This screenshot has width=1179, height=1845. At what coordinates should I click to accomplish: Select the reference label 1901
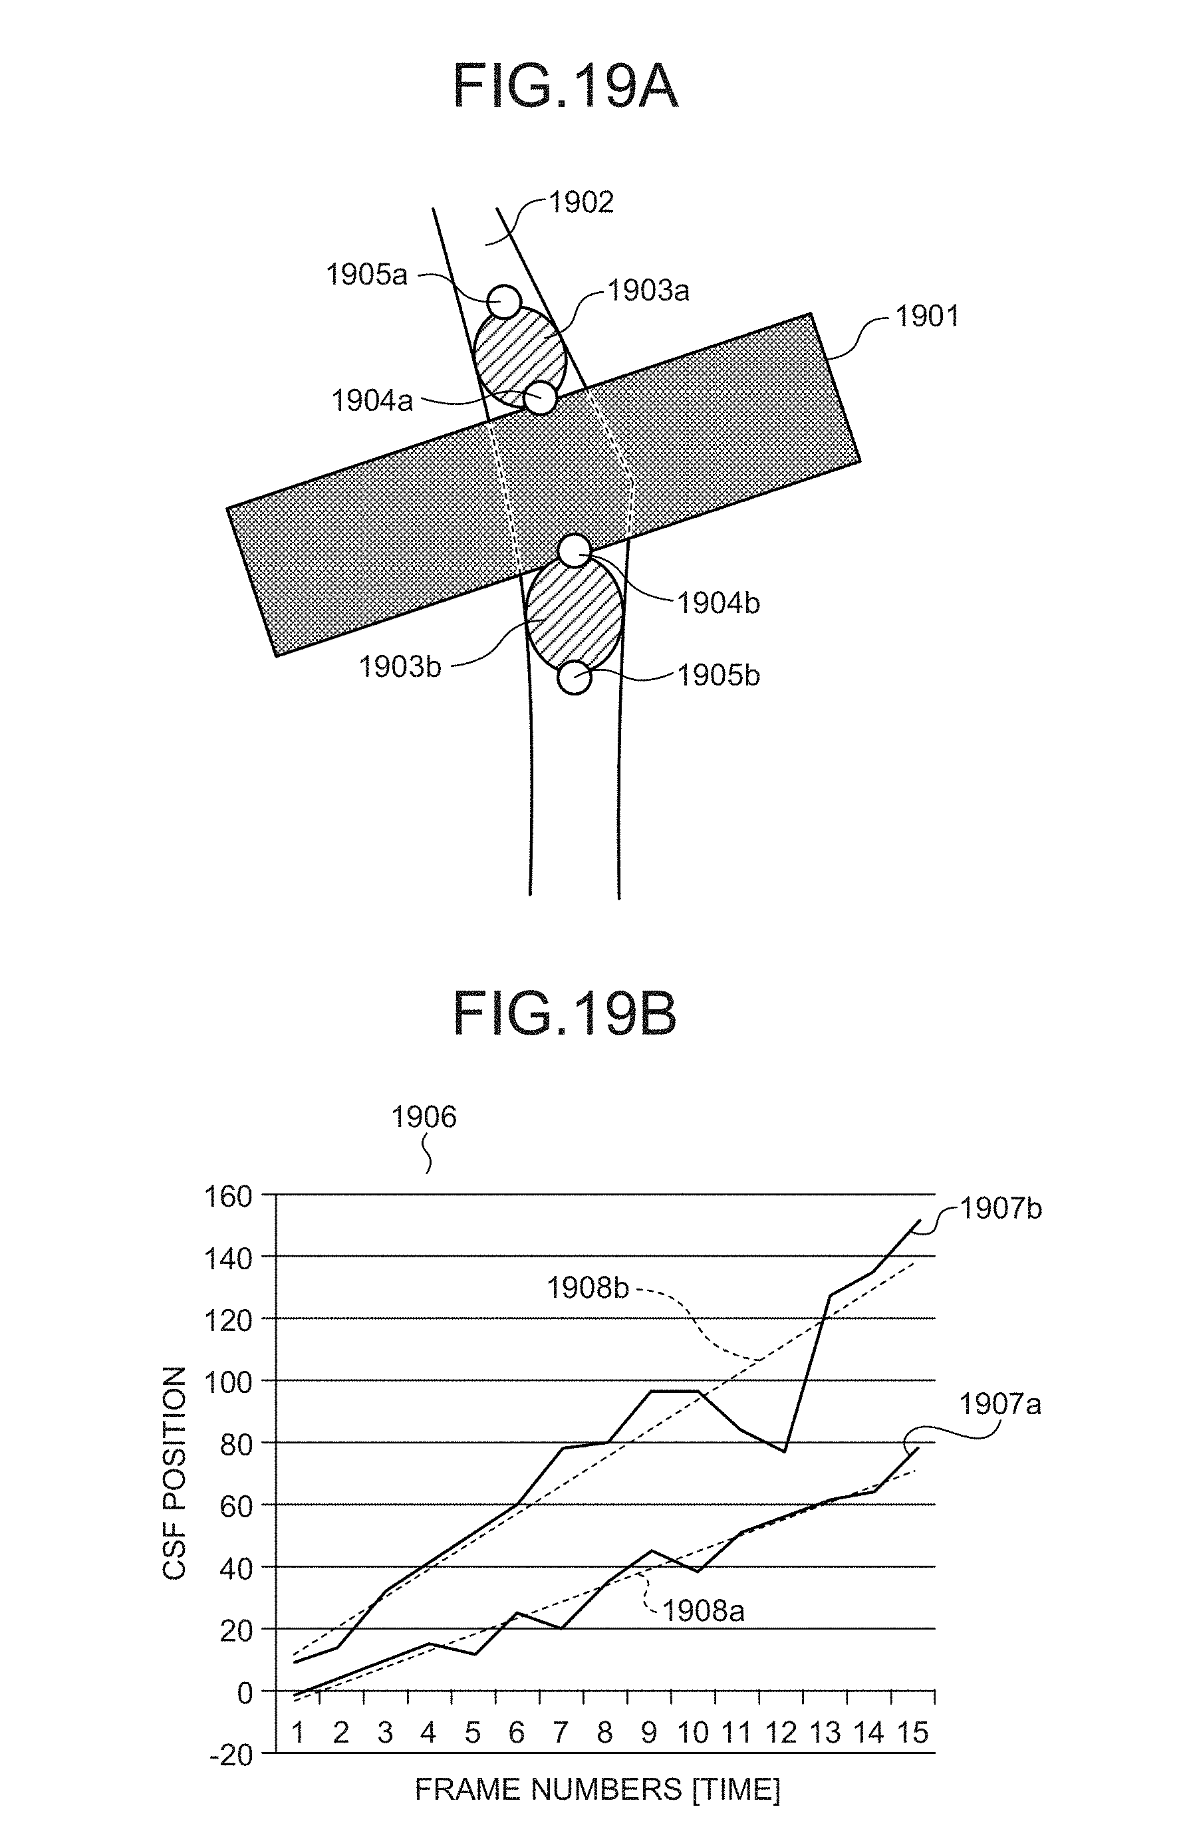927,316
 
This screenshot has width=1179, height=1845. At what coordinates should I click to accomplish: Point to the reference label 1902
581,202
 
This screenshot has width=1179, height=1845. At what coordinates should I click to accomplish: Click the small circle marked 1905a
504,301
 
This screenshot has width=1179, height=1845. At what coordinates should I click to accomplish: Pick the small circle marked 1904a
541,398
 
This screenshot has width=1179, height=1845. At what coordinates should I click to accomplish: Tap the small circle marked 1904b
575,550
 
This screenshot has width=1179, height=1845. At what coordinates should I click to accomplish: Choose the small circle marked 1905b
574,678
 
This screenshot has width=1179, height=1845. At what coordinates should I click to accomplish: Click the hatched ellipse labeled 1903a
519,355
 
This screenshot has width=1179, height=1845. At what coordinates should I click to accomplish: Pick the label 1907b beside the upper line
1001,1210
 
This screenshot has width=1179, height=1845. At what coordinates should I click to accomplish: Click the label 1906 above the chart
424,1118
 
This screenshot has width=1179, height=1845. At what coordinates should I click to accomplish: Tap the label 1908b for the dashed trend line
588,1288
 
